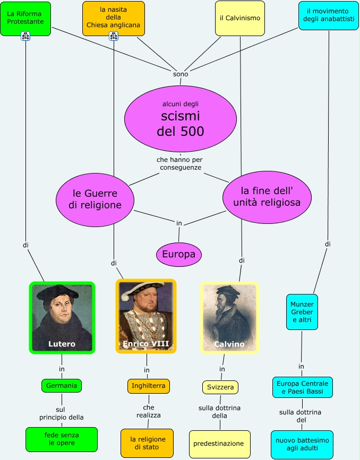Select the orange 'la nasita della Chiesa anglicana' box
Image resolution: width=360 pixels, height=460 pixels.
click(113, 17)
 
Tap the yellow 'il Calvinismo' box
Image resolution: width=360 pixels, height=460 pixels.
click(239, 18)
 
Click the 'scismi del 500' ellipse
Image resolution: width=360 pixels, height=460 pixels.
click(180, 118)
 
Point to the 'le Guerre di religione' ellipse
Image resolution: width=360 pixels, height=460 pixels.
click(95, 199)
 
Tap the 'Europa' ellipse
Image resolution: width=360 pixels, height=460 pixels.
click(178, 255)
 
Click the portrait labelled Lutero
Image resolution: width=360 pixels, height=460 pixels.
click(62, 317)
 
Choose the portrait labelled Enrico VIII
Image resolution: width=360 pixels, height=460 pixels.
click(146, 316)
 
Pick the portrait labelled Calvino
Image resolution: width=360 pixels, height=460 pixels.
click(229, 317)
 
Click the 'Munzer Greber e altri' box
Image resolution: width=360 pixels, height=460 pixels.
click(302, 312)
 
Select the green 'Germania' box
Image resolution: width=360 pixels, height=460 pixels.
click(62, 386)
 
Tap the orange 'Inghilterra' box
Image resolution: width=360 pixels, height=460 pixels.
click(148, 386)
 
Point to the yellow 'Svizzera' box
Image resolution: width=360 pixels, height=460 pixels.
click(220, 387)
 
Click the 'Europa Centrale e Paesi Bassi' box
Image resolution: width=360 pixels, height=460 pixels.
click(303, 387)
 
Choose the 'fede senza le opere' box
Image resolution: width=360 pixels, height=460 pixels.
click(62, 439)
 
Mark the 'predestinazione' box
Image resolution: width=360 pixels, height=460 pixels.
click(219, 444)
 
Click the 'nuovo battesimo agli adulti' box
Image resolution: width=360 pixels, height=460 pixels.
click(302, 445)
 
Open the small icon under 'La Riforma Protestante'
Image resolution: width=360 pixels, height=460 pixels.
click(25, 36)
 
